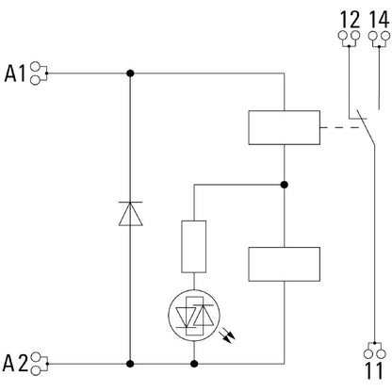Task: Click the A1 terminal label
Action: tap(14, 73)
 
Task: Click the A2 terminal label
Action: tap(15, 363)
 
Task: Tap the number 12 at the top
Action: tap(350, 20)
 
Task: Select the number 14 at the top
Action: tap(379, 20)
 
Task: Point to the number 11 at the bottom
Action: tap(374, 370)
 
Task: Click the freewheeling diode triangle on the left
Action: tap(131, 214)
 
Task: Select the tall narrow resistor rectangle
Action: tap(194, 247)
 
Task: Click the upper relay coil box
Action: tap(285, 127)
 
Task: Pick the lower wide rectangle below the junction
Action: tap(285, 264)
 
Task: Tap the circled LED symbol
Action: tap(194, 316)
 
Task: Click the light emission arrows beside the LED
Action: tap(228, 335)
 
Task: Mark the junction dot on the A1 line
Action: tap(130, 73)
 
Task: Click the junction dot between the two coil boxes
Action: tap(285, 185)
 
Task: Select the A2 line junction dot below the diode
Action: tap(130, 364)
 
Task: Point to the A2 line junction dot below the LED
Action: tap(194, 364)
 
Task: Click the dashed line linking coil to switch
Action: tap(340, 127)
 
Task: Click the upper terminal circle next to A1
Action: tap(35, 67)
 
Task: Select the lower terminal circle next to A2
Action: tap(36, 370)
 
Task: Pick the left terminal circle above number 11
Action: tap(368, 354)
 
